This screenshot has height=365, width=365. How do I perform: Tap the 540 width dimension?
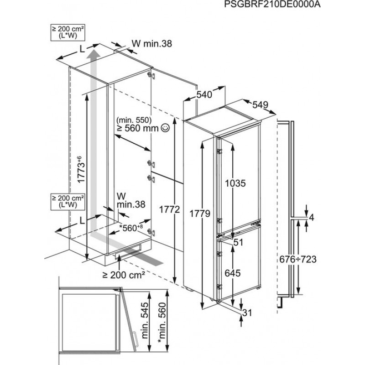204,95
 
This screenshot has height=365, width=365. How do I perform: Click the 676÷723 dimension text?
298,259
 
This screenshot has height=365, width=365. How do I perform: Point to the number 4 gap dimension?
312,218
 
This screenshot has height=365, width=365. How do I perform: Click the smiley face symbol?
164,130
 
